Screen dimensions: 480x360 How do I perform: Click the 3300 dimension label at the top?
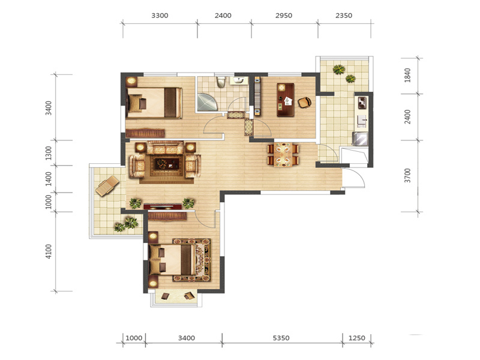[x=160, y=16]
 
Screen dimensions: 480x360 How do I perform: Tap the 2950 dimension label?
[x=284, y=16]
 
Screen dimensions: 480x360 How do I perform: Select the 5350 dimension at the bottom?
[x=281, y=338]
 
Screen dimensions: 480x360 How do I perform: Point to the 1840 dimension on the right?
[x=407, y=76]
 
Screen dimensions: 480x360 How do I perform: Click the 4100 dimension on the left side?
[x=49, y=251]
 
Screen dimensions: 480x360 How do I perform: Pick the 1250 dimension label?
[x=357, y=338]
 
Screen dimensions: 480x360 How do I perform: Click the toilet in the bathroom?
[x=221, y=82]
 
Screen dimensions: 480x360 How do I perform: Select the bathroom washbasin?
[x=239, y=81]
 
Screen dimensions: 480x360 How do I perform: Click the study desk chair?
[x=305, y=102]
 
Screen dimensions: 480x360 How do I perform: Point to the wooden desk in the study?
[x=286, y=100]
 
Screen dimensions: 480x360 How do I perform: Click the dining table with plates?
[x=283, y=154]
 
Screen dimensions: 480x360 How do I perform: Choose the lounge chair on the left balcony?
[x=107, y=185]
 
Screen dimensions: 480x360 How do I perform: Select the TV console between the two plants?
[x=162, y=206]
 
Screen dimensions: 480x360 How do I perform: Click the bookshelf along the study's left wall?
[x=257, y=97]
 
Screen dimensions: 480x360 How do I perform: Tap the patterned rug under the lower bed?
[x=191, y=260]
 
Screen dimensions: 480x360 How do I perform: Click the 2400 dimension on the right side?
[x=407, y=117]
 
